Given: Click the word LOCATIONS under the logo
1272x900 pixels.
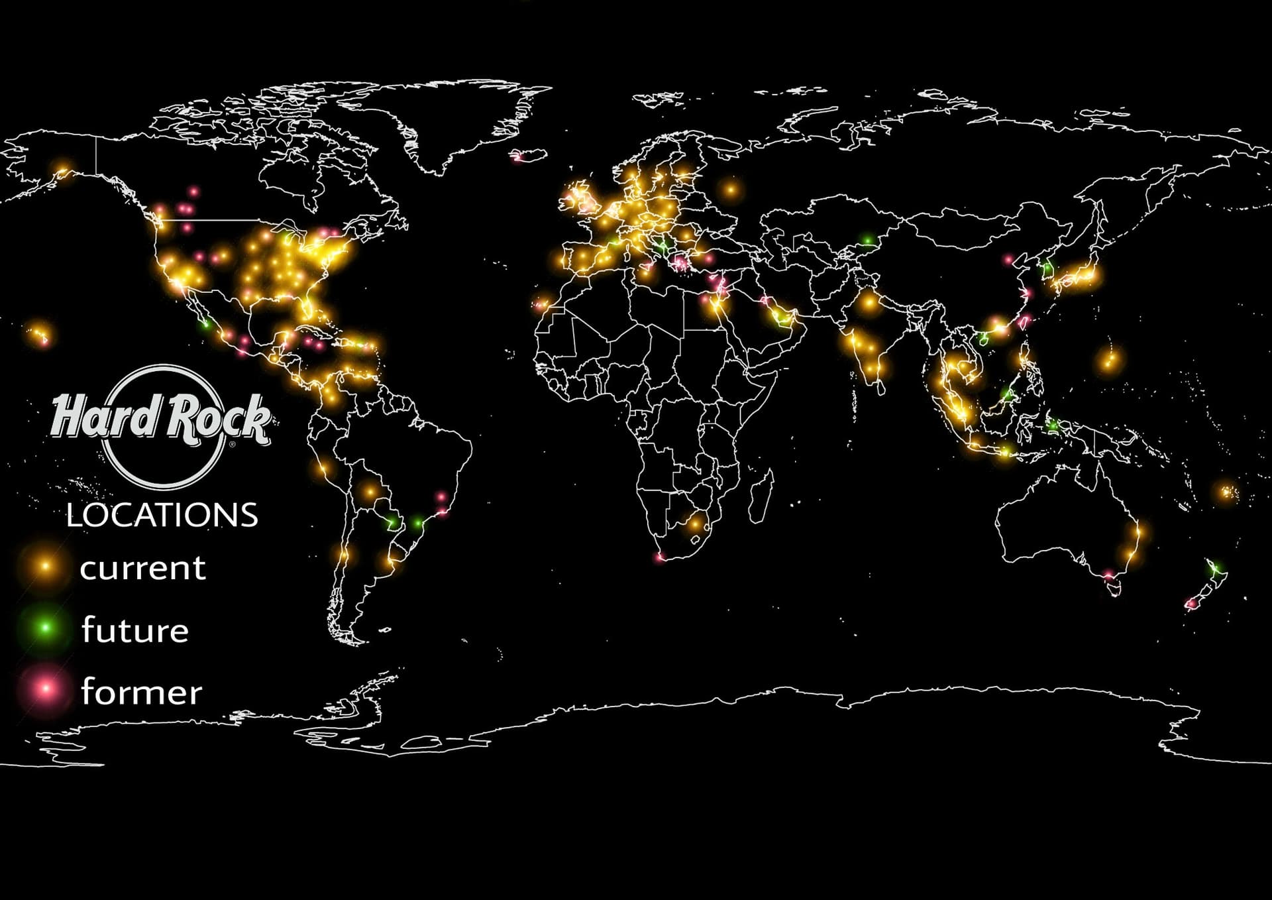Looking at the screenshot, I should [x=162, y=516].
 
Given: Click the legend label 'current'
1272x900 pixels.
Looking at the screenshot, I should [x=142, y=568].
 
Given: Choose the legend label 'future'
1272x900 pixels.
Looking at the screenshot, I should [x=135, y=630].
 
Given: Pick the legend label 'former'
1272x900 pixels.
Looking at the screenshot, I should [x=141, y=693].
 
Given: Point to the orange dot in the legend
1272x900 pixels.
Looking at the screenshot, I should [x=46, y=566].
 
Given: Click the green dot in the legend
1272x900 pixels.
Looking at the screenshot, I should [x=46, y=627].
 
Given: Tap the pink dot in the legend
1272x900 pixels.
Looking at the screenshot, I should [x=46, y=689].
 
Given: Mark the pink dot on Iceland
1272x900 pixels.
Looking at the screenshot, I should [x=519, y=157].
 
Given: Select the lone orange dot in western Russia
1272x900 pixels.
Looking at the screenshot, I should [x=731, y=190].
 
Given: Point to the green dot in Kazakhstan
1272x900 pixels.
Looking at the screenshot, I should [x=867, y=240].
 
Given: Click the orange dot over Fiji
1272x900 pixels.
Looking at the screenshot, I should [x=1226, y=492].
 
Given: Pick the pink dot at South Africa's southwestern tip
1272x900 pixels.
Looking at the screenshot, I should [x=659, y=558].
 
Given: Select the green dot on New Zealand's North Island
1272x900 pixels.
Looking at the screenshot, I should [x=1216, y=568].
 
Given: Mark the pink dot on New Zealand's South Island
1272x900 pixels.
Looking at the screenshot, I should [x=1191, y=604].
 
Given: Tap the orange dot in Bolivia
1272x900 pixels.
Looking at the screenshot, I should [x=369, y=492].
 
